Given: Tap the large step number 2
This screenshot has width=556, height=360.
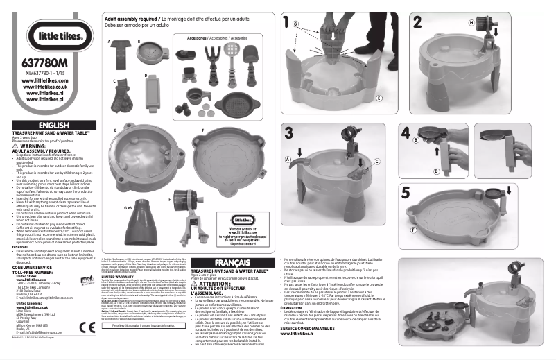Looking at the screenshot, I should [x=419, y=22].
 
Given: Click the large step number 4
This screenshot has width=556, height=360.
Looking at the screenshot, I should [x=406, y=132].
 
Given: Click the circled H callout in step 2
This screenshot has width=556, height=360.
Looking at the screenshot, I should [x=473, y=22].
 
